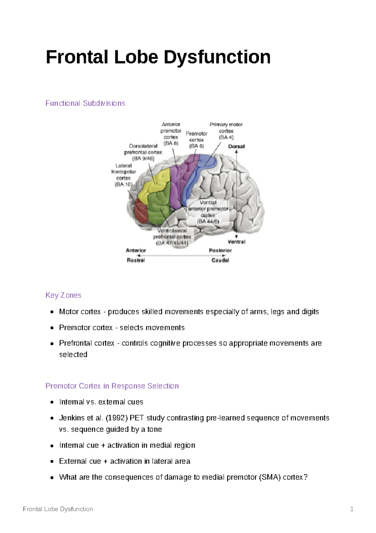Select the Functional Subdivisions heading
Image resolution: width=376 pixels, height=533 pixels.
pos(85,103)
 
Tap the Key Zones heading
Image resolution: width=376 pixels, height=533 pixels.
pos(63,295)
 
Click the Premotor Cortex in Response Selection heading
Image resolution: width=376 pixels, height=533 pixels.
pos(112,386)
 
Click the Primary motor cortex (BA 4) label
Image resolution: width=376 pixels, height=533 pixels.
pos(226,131)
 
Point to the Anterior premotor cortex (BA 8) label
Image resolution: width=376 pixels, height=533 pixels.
pos(171,134)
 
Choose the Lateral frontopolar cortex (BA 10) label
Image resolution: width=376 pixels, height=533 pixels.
pos(123,175)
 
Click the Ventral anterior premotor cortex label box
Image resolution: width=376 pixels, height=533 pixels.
pos(208,212)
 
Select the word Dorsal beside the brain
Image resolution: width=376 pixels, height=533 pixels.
pos(236,147)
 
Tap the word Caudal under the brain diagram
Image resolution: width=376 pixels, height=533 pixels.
pos(220,260)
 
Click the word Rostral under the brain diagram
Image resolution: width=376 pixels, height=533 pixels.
pos(136,260)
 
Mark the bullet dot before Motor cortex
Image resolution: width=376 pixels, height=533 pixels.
pos(52,312)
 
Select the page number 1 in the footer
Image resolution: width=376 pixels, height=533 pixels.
pos(352,509)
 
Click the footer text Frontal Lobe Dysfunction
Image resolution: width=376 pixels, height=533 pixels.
pos(58,509)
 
